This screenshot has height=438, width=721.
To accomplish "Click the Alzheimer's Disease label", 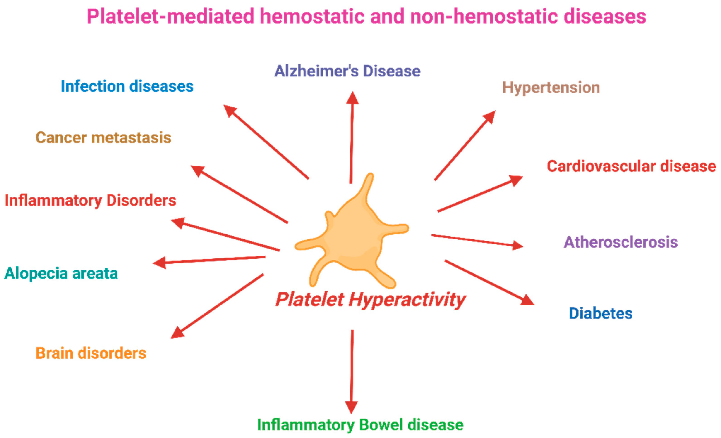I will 347,71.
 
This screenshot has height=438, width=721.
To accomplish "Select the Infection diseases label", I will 127,86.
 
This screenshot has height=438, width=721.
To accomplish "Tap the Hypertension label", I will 551,88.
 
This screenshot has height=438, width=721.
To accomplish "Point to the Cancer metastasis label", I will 103,138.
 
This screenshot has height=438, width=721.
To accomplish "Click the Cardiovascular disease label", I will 631,166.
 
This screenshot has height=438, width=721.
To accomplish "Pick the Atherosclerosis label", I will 621,242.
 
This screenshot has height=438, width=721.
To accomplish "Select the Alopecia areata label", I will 61,273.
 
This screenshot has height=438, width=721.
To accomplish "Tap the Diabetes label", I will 600,313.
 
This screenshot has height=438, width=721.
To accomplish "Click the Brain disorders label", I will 91,353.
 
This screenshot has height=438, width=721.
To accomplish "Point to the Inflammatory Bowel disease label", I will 360,425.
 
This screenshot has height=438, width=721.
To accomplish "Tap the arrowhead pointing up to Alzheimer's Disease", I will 353,98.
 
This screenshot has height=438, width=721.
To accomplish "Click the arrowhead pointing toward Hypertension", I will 490,117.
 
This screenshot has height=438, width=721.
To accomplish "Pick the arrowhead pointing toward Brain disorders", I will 177,333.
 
